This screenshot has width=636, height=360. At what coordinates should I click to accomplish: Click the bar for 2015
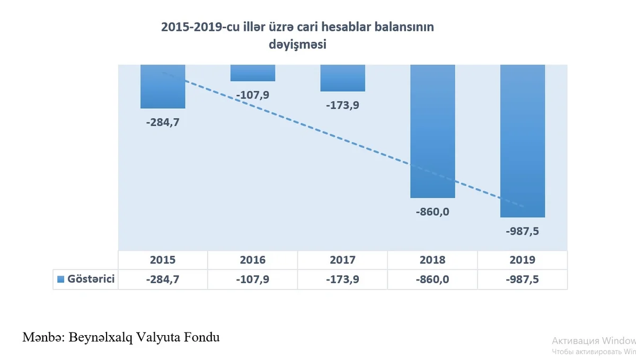163,86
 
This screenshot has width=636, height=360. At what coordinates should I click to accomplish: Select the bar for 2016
253,73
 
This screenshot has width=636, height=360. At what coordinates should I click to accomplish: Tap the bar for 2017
343,78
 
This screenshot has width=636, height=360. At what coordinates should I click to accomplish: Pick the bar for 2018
433,131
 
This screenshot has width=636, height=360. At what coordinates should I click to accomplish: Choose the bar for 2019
523,141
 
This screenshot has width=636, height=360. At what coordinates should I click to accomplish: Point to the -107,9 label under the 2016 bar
253,95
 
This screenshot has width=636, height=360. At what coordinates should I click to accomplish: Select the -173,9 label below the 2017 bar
343,105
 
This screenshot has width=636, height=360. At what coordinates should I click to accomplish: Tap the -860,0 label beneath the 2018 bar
433,212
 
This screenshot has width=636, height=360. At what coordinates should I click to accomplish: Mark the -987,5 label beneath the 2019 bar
523,232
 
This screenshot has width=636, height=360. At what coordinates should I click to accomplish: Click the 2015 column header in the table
163,260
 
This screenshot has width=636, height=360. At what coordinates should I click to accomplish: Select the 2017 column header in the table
343,260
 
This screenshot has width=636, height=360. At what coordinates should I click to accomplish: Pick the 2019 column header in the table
523,260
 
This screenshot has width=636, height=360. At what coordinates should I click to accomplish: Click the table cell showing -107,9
253,279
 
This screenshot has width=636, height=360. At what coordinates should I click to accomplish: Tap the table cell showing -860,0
433,279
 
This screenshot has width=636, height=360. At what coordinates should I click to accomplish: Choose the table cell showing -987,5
523,279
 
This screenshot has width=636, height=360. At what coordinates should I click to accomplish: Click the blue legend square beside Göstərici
60,279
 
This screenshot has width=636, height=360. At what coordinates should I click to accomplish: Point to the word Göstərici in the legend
91,279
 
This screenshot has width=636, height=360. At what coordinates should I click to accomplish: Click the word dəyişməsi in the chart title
297,45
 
